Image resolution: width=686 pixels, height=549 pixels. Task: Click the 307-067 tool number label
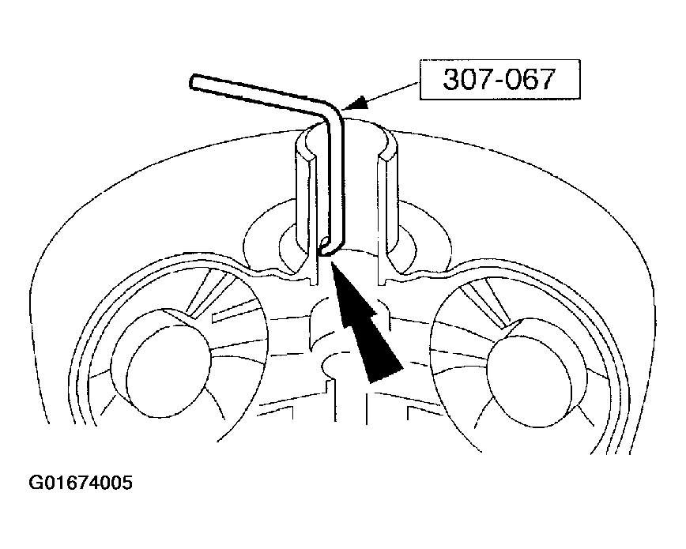[x=499, y=80]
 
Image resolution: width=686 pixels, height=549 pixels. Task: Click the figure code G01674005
[x=81, y=483]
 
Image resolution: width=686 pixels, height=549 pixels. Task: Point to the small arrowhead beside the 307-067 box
[x=356, y=103]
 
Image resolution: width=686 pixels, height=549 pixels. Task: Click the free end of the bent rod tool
[x=194, y=82]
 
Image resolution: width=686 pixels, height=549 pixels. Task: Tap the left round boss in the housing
[x=160, y=363]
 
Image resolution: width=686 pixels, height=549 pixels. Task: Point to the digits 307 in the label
[x=464, y=80]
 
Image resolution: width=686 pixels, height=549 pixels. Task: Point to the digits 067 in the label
[x=534, y=80]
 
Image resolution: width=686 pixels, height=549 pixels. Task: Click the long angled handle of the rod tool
[x=258, y=95]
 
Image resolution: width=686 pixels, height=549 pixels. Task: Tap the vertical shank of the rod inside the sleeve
[x=335, y=184]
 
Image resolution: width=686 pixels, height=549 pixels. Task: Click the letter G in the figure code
[x=35, y=483]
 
